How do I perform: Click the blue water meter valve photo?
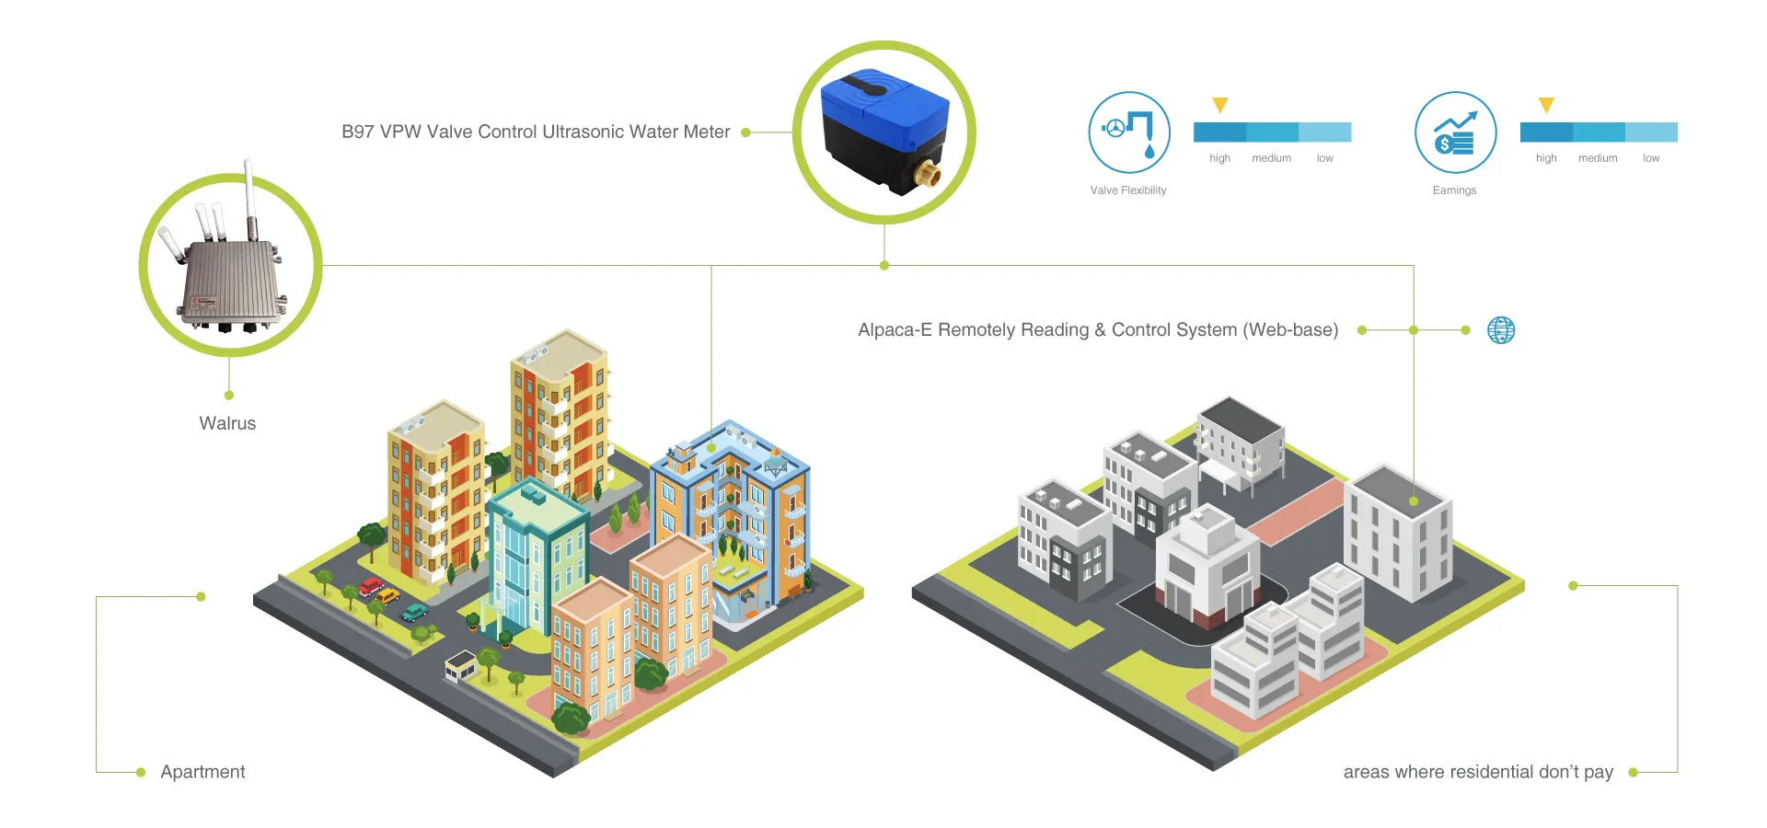pyautogui.click(x=883, y=132)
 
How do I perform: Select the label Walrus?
pyautogui.click(x=227, y=423)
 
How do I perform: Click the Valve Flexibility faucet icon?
pyautogui.click(x=1129, y=132)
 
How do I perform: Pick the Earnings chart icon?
pyautogui.click(x=1455, y=132)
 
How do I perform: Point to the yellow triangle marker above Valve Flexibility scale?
pyautogui.click(x=1220, y=105)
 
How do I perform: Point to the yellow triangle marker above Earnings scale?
pyautogui.click(x=1546, y=105)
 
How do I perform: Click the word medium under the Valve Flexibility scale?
pyautogui.click(x=1271, y=158)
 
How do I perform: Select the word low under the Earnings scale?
pyautogui.click(x=1651, y=158)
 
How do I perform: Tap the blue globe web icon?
pyautogui.click(x=1501, y=330)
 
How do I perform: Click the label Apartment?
pyautogui.click(x=202, y=772)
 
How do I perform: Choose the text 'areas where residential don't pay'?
pyautogui.click(x=1478, y=772)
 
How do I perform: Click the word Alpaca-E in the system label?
pyautogui.click(x=895, y=330)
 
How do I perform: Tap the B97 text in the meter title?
pyautogui.click(x=357, y=132)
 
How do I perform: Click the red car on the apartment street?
pyautogui.click(x=372, y=586)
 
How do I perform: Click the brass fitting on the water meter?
pyautogui.click(x=929, y=173)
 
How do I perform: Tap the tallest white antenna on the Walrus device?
pyautogui.click(x=248, y=198)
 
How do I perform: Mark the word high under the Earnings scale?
pyautogui.click(x=1546, y=158)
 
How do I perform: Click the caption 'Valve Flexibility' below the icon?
pyautogui.click(x=1128, y=190)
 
